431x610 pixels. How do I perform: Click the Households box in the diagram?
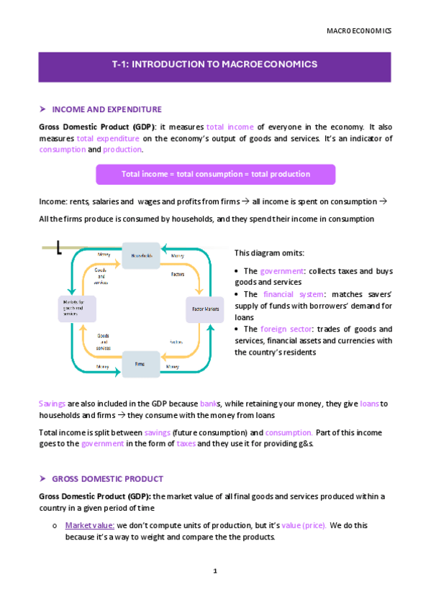pos(141,255)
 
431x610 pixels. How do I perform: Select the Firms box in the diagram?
pos(141,364)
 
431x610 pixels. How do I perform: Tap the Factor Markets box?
pos(205,309)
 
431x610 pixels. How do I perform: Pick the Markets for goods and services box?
pos(76,309)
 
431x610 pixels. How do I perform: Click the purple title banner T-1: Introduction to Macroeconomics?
pos(215,65)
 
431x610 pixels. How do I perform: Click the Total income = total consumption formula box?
pos(215,174)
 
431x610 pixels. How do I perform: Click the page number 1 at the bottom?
pos(215,571)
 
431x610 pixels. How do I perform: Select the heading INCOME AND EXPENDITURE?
pos(106,109)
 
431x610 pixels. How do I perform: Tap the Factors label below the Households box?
pos(177,274)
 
